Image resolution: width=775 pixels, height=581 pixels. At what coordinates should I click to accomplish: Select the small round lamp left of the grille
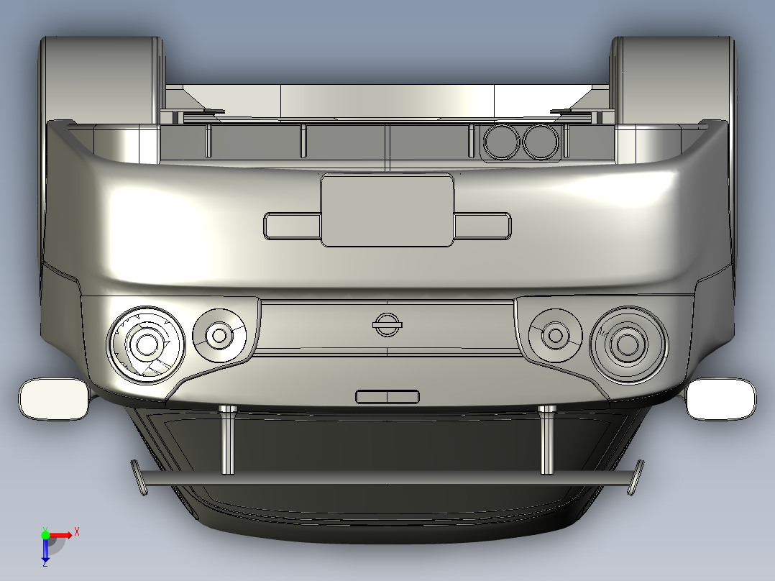pos(219,336)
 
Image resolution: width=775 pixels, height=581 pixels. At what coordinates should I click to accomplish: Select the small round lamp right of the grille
pos(554,335)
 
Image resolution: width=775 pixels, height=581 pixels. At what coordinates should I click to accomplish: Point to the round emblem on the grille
pos(387,324)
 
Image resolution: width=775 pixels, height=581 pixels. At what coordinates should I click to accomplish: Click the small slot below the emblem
pos(387,396)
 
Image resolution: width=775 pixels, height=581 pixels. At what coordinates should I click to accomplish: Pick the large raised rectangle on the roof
pos(387,211)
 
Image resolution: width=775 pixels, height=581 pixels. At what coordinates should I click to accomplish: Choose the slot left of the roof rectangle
pos(292,226)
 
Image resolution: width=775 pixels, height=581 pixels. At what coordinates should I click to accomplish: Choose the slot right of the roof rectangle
pos(482,226)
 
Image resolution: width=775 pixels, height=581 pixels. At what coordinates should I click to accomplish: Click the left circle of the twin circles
pos(501,142)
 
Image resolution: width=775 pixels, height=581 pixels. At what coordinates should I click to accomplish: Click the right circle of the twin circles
pos(540,142)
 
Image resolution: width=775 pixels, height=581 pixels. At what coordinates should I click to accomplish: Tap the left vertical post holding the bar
pos(228,440)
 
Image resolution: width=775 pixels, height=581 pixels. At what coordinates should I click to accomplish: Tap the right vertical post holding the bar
pos(547,440)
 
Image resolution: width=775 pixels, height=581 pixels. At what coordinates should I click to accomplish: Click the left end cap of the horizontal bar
pos(137,477)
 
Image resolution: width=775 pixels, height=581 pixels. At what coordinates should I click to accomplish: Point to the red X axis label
pos(77,531)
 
